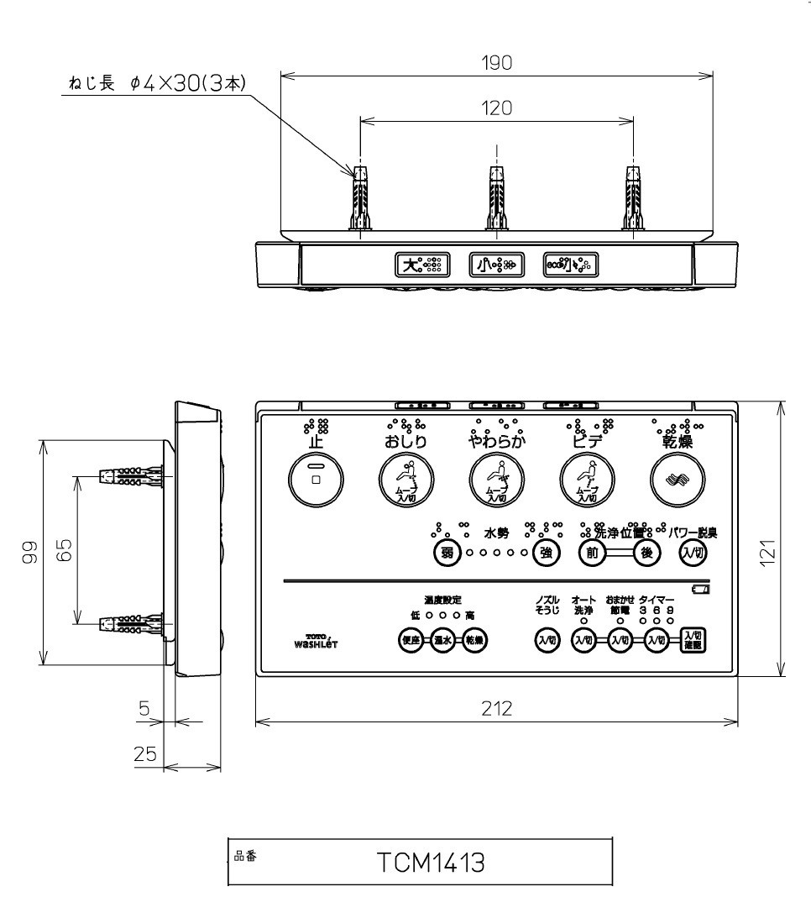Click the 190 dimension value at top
click(496, 64)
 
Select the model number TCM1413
click(430, 863)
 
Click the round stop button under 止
click(315, 480)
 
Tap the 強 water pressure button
click(545, 552)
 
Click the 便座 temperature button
click(411, 639)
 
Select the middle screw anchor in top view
click(496, 198)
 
